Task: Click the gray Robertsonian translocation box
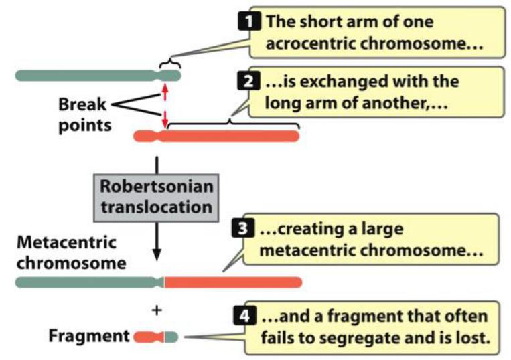(156, 196)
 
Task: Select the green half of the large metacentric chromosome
(87, 282)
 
